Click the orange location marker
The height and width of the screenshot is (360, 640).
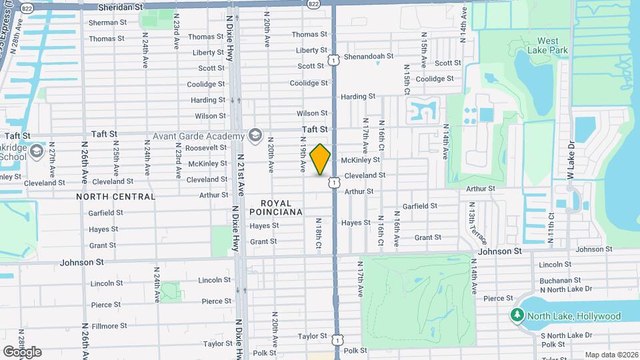tap(320, 159)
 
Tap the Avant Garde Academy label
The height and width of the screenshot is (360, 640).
tap(199, 137)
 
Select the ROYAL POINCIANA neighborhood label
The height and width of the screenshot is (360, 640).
tap(276, 207)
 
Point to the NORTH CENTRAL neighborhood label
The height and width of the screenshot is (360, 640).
tap(115, 197)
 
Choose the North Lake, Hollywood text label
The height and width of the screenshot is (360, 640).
tap(573, 317)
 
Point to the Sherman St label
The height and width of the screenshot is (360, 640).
tap(108, 22)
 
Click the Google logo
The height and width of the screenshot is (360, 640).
tap(23, 351)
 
